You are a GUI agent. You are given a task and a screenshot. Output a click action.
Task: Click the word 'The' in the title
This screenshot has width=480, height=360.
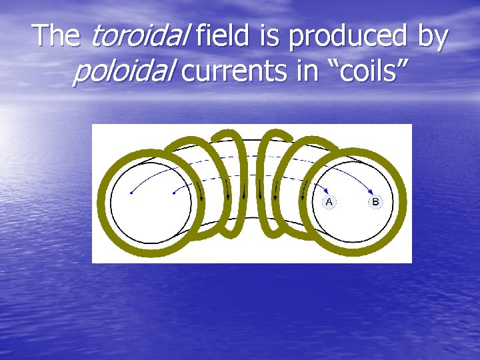coord(57,36)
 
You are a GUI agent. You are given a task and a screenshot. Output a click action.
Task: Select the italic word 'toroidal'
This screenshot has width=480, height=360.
coord(138,36)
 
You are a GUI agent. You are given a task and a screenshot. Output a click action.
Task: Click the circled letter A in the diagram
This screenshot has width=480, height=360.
coord(329,201)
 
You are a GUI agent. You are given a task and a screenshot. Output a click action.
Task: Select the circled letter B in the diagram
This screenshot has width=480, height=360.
coord(375,201)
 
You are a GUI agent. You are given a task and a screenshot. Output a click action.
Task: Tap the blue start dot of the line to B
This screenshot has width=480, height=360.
coord(131,193)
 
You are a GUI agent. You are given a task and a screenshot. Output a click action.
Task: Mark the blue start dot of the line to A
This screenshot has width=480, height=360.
coord(173,193)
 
